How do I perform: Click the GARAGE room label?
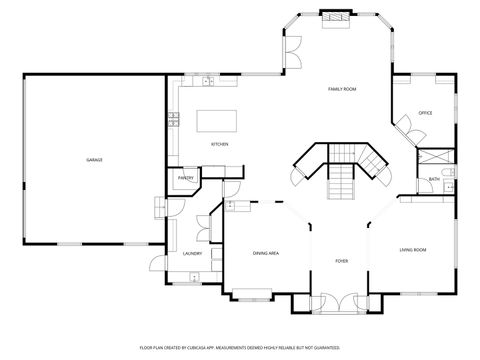[94, 160]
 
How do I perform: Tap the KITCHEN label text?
[219, 145]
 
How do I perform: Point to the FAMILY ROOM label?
[342, 90]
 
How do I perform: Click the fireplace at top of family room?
[338, 17]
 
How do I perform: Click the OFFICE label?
[425, 113]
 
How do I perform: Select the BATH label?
[434, 179]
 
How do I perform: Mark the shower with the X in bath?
[436, 159]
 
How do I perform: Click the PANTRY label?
[186, 178]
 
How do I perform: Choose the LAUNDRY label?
[193, 253]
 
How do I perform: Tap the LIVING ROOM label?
[413, 249]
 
